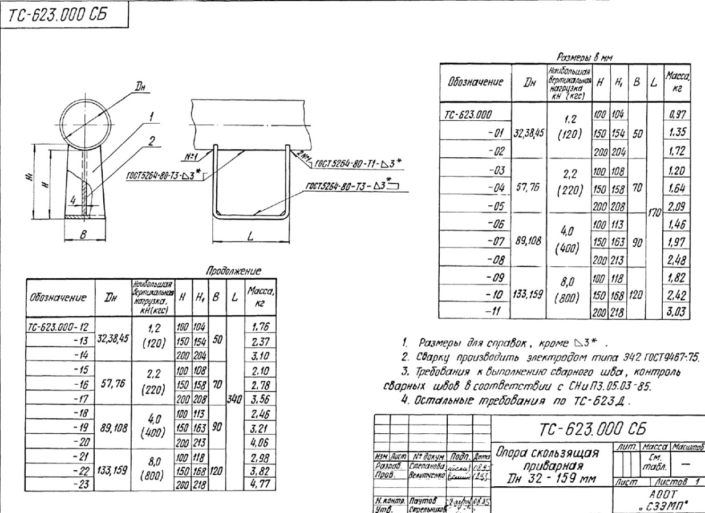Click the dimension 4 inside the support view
[73, 200]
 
